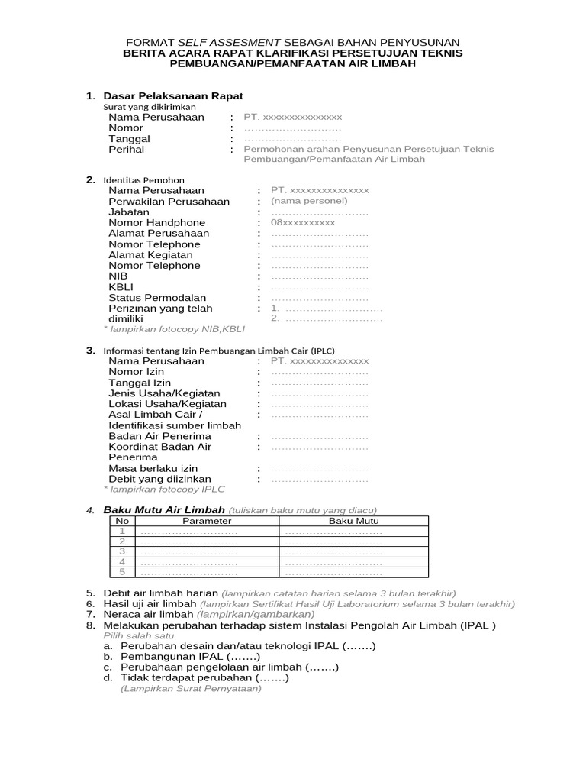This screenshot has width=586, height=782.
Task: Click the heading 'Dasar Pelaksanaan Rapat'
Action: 172,96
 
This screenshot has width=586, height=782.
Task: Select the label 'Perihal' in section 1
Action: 127,150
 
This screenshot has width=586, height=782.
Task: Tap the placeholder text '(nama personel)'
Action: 309,201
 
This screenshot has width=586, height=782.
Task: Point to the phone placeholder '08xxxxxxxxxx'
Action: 303,222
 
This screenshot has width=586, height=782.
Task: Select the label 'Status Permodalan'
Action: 157,297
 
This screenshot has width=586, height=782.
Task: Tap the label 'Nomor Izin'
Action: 137,371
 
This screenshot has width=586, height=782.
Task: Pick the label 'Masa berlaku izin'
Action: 153,467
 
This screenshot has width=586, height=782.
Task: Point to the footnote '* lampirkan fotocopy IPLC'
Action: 164,489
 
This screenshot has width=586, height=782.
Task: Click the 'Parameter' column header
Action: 206,521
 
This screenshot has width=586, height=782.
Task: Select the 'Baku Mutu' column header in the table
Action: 354,521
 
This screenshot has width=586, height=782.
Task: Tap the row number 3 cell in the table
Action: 121,551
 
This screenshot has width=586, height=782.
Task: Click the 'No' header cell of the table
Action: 121,521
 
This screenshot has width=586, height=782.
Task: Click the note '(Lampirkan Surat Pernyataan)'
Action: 191,688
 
